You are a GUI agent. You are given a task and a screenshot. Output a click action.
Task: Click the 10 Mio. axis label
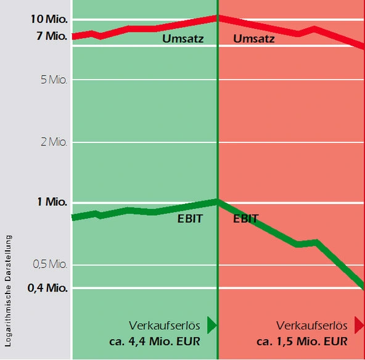click(48, 18)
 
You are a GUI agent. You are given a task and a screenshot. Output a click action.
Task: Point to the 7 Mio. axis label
click(51, 36)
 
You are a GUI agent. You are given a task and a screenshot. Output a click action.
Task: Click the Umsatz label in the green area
click(183, 39)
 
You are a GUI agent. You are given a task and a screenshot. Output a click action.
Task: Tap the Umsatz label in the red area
click(254, 39)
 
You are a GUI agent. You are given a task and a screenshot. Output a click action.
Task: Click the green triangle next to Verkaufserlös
click(211, 325)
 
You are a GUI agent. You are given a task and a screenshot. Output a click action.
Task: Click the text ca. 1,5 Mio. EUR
click(302, 342)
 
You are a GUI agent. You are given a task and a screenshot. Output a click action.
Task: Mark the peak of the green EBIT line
click(217, 201)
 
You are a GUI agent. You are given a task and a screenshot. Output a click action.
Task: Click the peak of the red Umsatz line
click(217, 17)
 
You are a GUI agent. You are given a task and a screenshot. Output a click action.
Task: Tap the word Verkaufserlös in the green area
click(165, 325)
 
